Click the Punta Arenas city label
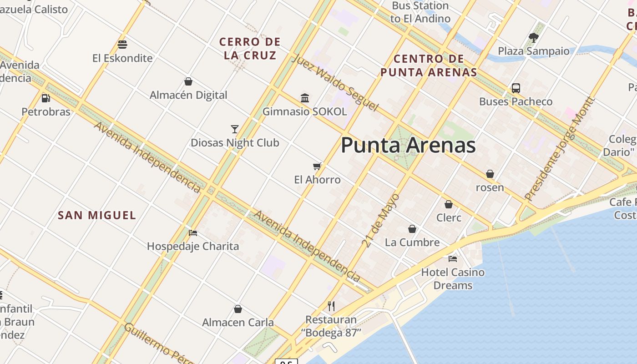tap(408, 145)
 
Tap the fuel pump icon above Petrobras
tap(45, 98)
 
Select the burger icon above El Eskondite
tap(122, 45)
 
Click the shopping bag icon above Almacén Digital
tap(188, 81)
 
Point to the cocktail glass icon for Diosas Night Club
tap(235, 129)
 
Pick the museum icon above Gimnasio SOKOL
tap(305, 98)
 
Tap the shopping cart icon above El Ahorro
tap(317, 167)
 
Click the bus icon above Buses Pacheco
tap(516, 88)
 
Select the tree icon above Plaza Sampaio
tap(533, 38)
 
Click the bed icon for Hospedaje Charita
tap(193, 233)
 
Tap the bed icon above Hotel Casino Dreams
tap(452, 259)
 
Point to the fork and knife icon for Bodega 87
tap(331, 306)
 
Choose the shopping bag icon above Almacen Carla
tap(238, 309)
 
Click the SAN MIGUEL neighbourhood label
tap(97, 215)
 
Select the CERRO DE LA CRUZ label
tap(250, 49)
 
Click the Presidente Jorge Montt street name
tap(560, 149)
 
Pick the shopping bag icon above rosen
tap(490, 174)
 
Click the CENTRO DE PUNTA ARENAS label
tap(429, 65)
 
